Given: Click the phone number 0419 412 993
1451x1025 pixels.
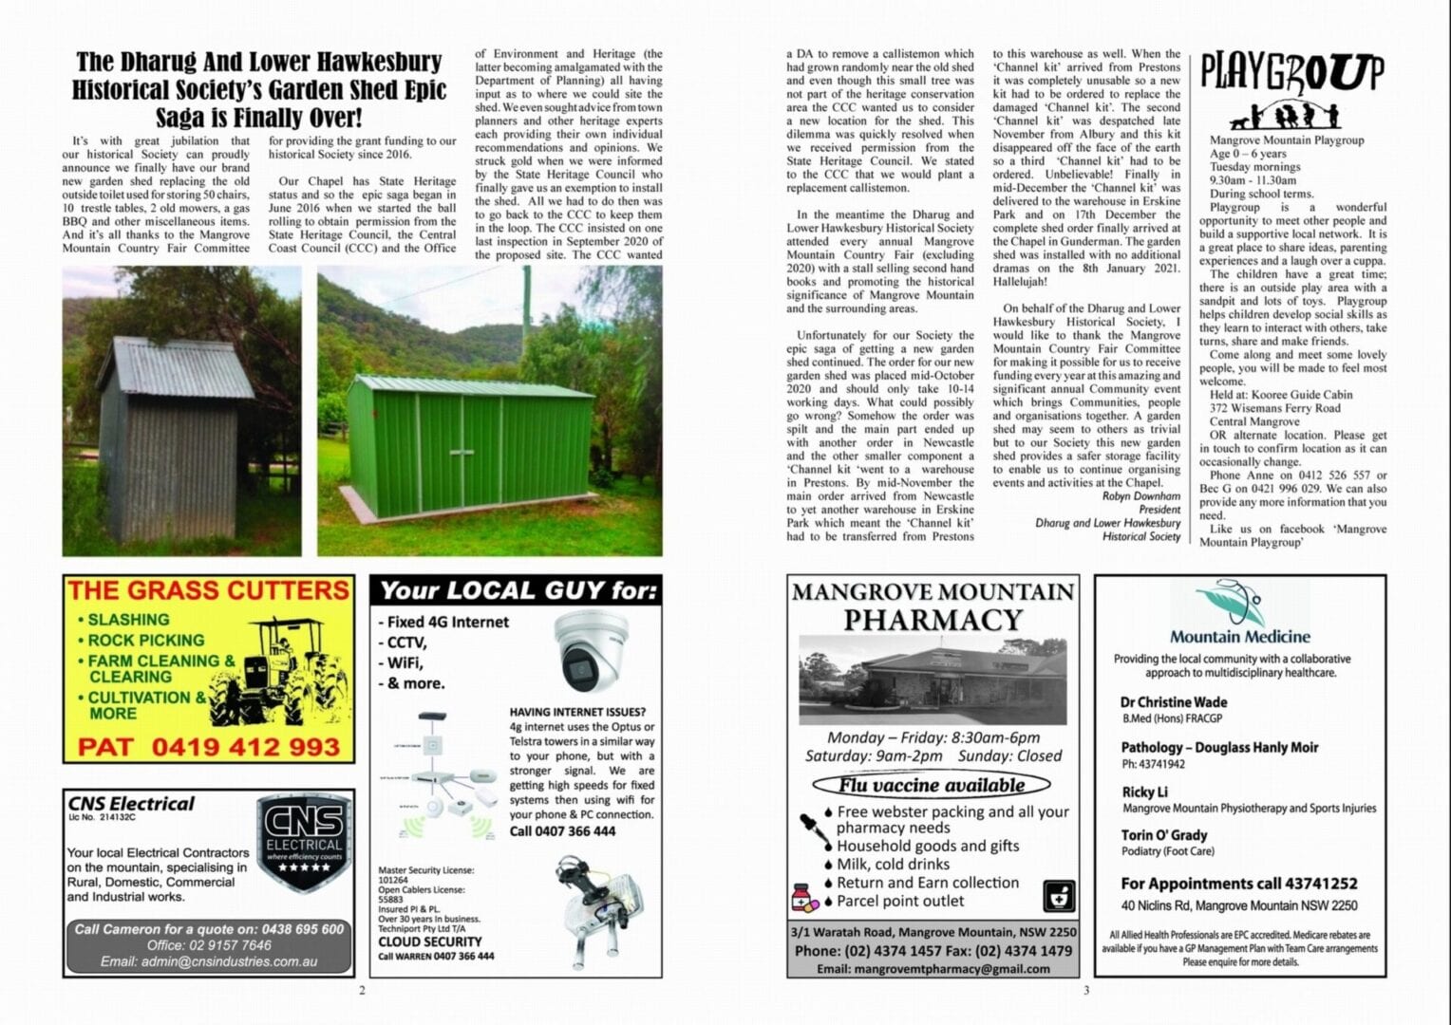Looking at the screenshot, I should pos(209,747).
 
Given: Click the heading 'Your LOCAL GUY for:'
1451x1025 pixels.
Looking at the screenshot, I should pos(518,591).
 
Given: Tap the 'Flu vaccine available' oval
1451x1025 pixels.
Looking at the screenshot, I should pos(932,785).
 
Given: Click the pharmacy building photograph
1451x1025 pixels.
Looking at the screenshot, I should pos(933,680).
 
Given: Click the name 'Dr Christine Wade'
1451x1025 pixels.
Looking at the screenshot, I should pos(1174,702).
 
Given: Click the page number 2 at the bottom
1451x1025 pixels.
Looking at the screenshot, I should pos(362,991).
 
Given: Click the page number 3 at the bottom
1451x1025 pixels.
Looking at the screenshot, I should pos(1086,991).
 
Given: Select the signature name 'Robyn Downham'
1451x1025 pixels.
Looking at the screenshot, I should pos(1140,496).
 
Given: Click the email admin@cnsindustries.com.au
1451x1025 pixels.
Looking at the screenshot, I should pos(209,961).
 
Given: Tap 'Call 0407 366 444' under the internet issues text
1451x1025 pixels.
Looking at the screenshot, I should pos(562,831).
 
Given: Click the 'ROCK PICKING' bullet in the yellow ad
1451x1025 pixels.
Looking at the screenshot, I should pos(145,641).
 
